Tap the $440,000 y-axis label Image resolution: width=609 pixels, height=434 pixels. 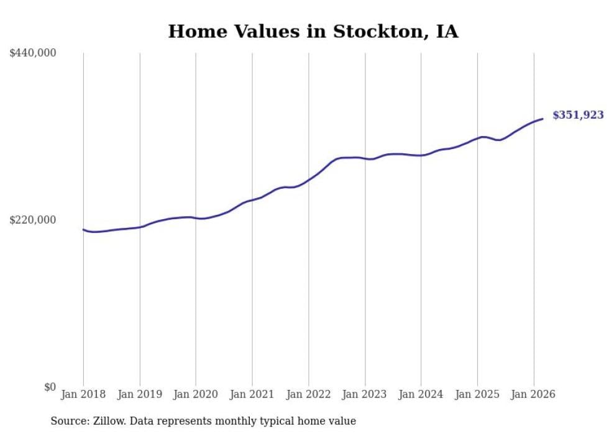coord(33,53)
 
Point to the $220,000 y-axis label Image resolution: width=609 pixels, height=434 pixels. coord(33,220)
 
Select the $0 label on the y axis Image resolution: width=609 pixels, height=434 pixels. coord(50,387)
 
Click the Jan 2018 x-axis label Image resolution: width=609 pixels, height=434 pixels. coord(83,394)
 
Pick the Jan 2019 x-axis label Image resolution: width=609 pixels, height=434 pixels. coord(140,394)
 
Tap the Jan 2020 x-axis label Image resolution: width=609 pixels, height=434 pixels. coord(196,394)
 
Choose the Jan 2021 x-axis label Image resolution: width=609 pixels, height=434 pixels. coord(252,394)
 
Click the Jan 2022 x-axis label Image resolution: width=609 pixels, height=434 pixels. coord(309,394)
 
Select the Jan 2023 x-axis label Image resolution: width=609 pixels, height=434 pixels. coord(365,394)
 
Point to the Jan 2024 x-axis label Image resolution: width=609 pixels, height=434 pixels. coord(421,394)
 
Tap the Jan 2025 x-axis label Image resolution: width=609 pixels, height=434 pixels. coord(477,394)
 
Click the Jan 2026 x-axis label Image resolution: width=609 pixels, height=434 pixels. coord(534,394)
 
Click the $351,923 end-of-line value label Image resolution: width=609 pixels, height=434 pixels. coord(578,115)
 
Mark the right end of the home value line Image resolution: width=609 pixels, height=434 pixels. coord(543,119)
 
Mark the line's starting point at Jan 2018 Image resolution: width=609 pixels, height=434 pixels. coord(83,229)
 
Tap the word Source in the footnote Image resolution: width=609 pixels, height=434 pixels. coord(68,421)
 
